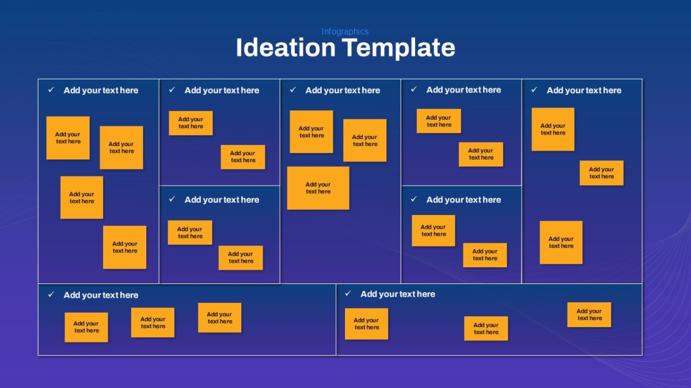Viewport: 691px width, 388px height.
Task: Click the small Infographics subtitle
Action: coord(345,32)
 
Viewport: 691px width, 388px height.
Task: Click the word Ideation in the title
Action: coord(286,48)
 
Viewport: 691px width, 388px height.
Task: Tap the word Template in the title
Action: coord(398,49)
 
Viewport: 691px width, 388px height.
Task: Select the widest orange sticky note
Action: coord(318,188)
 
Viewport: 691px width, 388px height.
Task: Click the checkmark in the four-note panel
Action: coord(51,90)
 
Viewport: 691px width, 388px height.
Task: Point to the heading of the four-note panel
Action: coord(101,90)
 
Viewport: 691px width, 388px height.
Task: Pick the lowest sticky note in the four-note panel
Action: coord(124,247)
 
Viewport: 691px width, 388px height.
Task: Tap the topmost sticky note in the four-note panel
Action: coord(68,138)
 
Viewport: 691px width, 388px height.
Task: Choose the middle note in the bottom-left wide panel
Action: coord(153,322)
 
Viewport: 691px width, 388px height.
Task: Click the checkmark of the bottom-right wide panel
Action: coord(348,293)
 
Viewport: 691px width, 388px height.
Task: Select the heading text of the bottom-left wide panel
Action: coord(101,295)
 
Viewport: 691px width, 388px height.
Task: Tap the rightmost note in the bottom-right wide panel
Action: coord(589,314)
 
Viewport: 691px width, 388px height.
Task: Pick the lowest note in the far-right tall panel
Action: coord(561,243)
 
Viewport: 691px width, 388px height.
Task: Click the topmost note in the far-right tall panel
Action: coord(553,129)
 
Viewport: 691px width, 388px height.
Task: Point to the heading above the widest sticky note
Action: coord(343,90)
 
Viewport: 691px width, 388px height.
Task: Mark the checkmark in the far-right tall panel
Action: coord(534,90)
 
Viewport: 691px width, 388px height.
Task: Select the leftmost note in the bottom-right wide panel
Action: coord(366,324)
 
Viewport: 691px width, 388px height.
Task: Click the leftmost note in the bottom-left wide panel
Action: coord(86,327)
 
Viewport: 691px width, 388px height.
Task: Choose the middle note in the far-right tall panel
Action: coord(602,173)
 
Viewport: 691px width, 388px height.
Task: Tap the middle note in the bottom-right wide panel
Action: coord(486,328)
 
